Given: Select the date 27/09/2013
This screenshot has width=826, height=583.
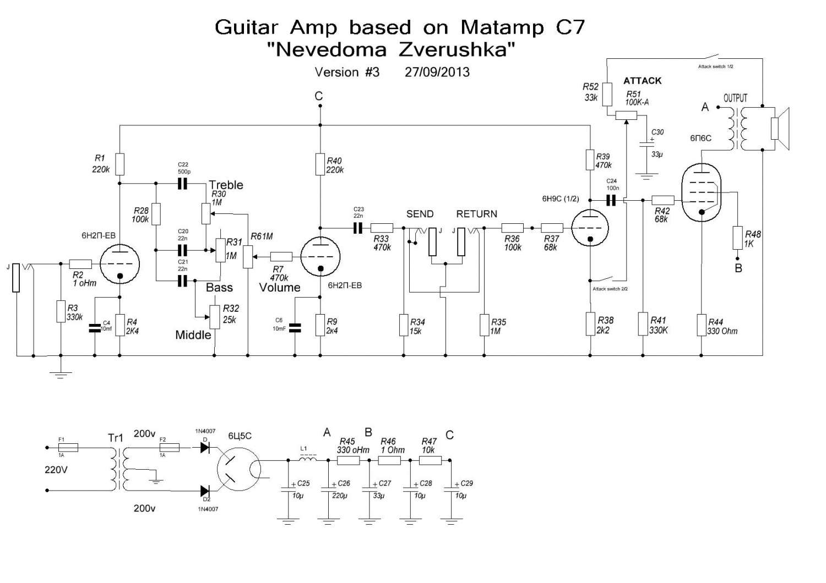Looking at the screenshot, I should click(437, 72).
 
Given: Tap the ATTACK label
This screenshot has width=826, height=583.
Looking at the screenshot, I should click(642, 81).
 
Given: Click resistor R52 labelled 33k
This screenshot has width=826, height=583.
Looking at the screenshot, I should click(607, 94).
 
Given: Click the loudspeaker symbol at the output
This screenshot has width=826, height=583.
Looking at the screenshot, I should click(780, 128).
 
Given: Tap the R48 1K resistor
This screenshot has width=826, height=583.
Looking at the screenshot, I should click(738, 238).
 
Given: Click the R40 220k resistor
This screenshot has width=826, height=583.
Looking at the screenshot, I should click(320, 164).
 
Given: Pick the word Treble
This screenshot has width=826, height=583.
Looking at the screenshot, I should click(226, 185).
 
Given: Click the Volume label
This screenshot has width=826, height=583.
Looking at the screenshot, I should click(280, 288).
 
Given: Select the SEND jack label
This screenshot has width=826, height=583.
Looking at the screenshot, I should click(420, 214).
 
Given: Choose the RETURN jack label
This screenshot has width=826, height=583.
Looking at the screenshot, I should click(476, 214).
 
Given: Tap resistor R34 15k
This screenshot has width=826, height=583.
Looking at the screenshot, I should click(404, 325).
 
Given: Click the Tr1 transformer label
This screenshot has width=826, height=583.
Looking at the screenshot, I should click(116, 438).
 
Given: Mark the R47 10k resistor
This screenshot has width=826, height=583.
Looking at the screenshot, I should click(431, 460).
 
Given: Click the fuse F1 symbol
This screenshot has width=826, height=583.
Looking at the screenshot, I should click(68, 448).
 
